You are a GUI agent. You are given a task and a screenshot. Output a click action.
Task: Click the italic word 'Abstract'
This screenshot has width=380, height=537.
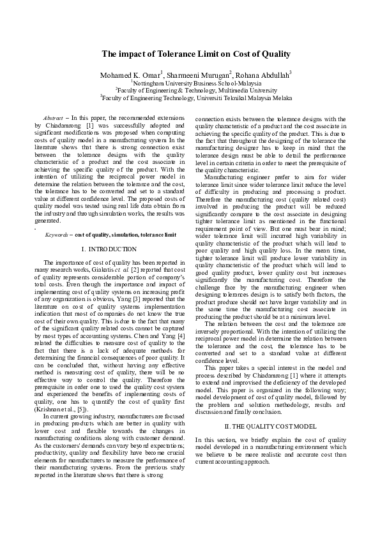[52, 119]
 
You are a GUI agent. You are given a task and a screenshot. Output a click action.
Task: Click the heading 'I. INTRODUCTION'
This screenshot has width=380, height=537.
[109, 248]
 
